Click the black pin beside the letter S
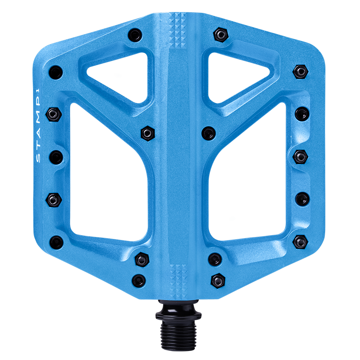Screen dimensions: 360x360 [55, 155]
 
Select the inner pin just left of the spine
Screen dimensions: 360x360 [147, 132]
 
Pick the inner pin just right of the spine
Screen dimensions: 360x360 [208, 132]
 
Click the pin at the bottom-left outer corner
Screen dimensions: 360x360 [56, 241]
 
